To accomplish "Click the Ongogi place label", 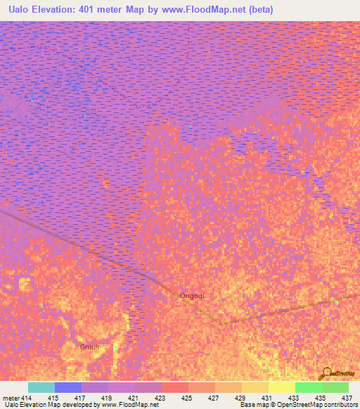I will coord(192,296).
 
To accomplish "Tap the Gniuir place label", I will coord(92,346).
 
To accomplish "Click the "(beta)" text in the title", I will coord(258,10).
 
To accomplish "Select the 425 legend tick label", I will coord(187,398).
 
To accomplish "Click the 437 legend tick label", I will coord(347,398).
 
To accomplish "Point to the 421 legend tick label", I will coord(134,398).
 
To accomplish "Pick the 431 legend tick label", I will coord(267,398).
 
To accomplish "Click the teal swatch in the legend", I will coord(41,387).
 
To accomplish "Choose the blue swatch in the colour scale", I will coord(68,387).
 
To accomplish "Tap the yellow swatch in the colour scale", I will coord(282,387).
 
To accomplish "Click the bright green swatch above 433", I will coord(309,387).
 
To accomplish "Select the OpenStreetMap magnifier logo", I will coord(326,374).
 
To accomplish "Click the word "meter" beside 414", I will coord(11,398).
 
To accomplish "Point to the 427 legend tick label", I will coord(214,398).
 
